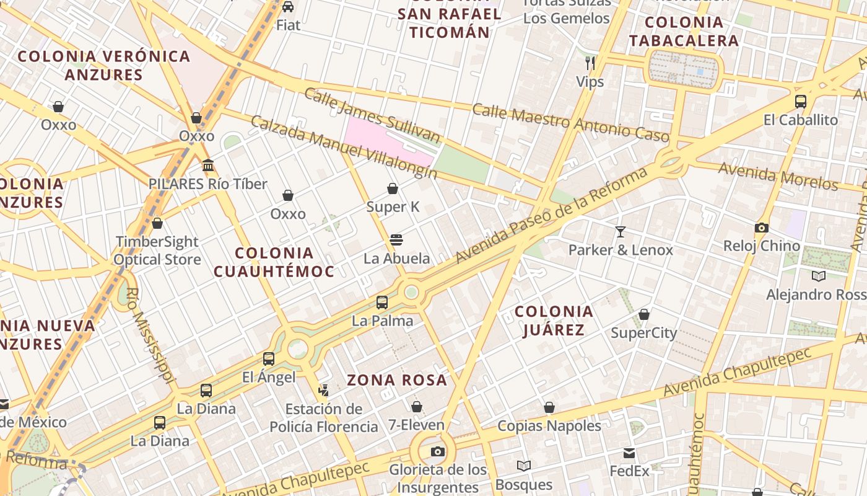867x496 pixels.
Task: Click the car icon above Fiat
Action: point(288,7)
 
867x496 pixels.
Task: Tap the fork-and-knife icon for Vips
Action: point(590,63)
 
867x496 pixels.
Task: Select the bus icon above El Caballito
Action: point(801,101)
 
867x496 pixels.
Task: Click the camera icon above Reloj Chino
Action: point(762,228)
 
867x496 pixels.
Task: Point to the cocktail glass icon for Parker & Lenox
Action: point(621,232)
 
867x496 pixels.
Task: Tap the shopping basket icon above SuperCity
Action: point(644,314)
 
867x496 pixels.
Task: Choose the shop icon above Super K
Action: point(393,188)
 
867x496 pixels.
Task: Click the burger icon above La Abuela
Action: point(396,240)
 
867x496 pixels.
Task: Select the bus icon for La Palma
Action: point(382,303)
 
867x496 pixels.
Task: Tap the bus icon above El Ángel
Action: point(269,358)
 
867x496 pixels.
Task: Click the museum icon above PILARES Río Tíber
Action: point(208,166)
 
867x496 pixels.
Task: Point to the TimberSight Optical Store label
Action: point(157,250)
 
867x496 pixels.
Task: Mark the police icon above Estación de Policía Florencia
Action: point(323,391)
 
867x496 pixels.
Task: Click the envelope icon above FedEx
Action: point(629,453)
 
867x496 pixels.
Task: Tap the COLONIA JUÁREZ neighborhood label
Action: point(554,321)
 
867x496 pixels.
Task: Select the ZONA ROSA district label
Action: point(397,380)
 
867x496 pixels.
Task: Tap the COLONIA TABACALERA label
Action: point(684,32)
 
